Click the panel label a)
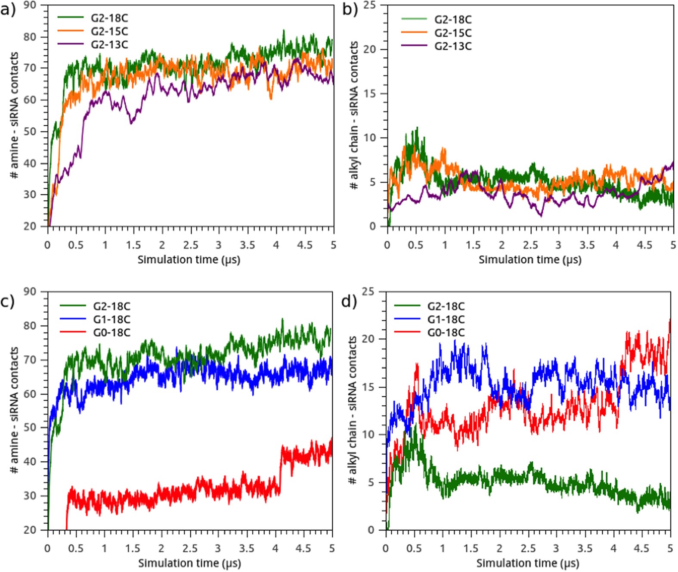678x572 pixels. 8,9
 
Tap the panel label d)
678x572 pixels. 349,302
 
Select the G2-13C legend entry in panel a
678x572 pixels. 109,44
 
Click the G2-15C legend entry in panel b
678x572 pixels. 453,33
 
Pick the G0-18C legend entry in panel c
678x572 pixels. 111,333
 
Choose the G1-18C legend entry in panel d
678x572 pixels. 446,319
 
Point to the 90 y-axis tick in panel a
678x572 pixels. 30,5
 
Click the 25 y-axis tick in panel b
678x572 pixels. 369,5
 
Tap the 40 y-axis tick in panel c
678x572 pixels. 30,461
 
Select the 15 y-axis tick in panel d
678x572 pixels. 368,387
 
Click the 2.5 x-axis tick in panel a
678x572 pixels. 190,245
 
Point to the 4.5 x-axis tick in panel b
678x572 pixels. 644,245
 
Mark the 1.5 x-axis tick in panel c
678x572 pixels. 133,548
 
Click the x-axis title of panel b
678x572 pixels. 530,260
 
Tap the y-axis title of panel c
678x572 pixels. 14,410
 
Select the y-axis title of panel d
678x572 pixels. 353,410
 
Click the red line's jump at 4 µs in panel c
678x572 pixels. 281,467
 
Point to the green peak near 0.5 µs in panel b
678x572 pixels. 417,128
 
